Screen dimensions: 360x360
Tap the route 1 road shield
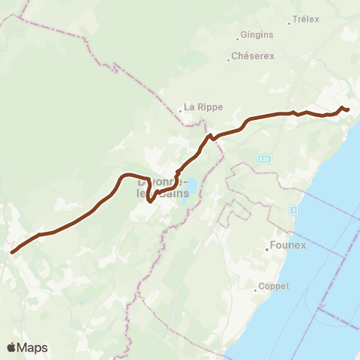tap(295, 209)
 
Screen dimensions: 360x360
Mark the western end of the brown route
tap(13, 252)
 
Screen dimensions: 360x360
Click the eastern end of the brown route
tap(349, 110)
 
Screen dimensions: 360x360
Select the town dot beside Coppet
tap(255, 288)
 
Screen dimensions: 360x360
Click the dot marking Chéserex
tap(229, 58)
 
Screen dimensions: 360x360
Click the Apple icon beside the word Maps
tap(12, 347)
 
